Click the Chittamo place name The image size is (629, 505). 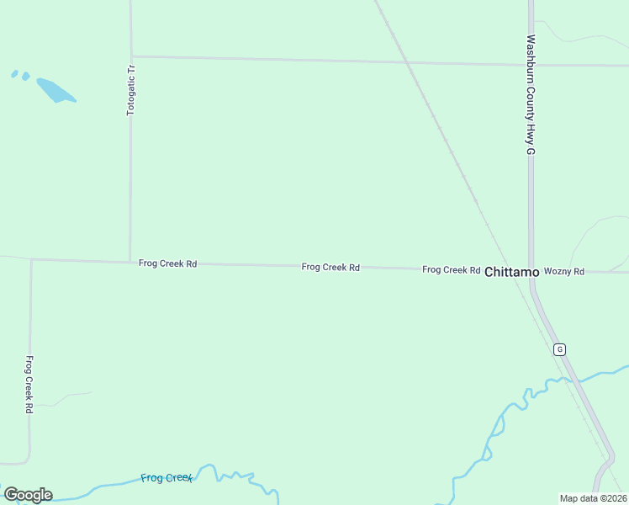(x=511, y=272)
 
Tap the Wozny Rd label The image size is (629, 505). (x=563, y=271)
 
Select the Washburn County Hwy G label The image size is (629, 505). (x=531, y=94)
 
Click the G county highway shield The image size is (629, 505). (x=559, y=349)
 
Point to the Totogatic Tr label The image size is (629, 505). (x=131, y=89)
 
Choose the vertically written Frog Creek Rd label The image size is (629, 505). (x=29, y=384)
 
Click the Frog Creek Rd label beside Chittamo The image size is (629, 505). (x=451, y=270)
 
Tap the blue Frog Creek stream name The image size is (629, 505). (x=166, y=478)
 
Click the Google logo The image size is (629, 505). (x=28, y=495)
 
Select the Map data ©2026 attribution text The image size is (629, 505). (x=593, y=498)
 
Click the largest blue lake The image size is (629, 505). (x=55, y=90)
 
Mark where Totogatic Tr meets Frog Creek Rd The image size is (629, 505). (x=129, y=262)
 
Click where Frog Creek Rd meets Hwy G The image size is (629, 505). (x=531, y=271)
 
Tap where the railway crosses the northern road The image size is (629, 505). (x=407, y=61)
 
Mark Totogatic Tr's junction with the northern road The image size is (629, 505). (x=130, y=56)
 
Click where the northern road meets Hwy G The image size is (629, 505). (x=531, y=64)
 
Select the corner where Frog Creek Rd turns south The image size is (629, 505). (x=31, y=259)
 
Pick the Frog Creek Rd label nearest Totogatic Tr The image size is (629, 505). (x=167, y=263)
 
